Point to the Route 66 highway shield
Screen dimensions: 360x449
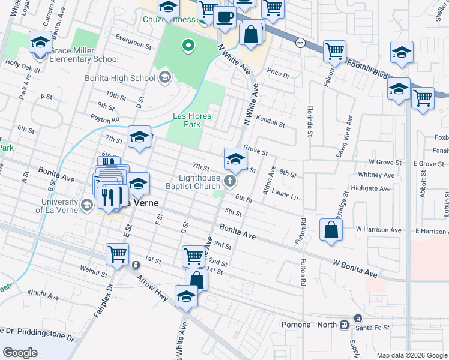point(300,43)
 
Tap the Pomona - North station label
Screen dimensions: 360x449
point(310,325)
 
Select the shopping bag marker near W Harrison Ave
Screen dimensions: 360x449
point(331,230)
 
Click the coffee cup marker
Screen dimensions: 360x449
point(224,17)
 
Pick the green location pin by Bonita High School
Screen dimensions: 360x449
point(188,45)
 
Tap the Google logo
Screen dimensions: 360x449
point(20,352)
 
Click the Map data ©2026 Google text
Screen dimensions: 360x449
point(412,355)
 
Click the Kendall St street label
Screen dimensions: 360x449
point(270,122)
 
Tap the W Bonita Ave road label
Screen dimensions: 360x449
point(355,268)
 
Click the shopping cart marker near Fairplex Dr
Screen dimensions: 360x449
point(117,254)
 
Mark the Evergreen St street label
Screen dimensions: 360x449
point(134,44)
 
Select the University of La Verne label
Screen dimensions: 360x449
point(63,206)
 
